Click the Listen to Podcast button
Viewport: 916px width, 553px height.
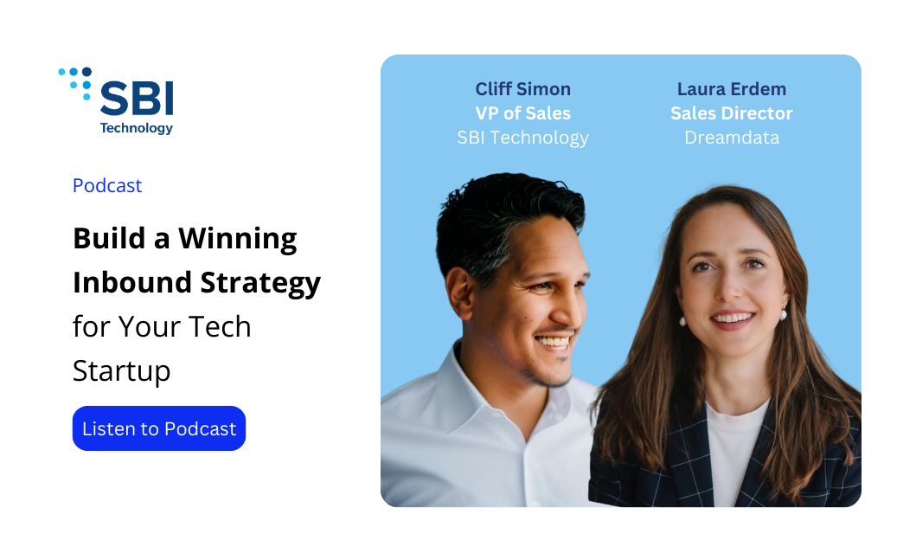[x=159, y=428]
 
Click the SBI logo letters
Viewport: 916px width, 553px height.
[x=137, y=98]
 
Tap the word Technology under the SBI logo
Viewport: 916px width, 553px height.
[x=136, y=128]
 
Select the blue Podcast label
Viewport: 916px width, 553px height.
[x=107, y=185]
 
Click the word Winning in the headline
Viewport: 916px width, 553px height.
[x=238, y=239]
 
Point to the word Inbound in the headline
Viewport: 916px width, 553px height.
[x=132, y=282]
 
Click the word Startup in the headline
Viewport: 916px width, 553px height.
[x=121, y=371]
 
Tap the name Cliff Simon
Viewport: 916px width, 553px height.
[x=522, y=89]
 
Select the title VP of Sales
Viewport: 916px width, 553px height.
[x=522, y=113]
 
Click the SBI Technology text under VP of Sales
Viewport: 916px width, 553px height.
[x=522, y=138]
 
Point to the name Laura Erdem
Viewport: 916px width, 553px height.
[x=732, y=89]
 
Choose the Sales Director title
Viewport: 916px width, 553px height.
[x=732, y=113]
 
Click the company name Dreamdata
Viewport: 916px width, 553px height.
[x=732, y=138]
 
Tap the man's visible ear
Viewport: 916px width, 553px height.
[x=461, y=293]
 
